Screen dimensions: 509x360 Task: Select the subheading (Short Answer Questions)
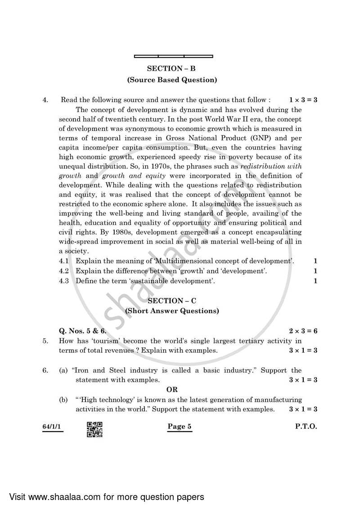[x=172, y=311]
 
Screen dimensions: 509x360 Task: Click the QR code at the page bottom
[x=94, y=429]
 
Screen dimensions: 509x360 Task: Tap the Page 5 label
[x=180, y=427]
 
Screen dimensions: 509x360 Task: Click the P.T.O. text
[x=306, y=427]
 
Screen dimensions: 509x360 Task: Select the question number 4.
[x=45, y=100]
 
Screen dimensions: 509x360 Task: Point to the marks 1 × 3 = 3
[x=303, y=100]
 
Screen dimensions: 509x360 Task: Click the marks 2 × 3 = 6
[x=303, y=331]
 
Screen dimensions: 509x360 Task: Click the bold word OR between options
[x=172, y=390]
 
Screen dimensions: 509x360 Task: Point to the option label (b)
[x=64, y=400]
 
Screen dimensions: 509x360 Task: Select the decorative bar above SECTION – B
[x=173, y=56]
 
